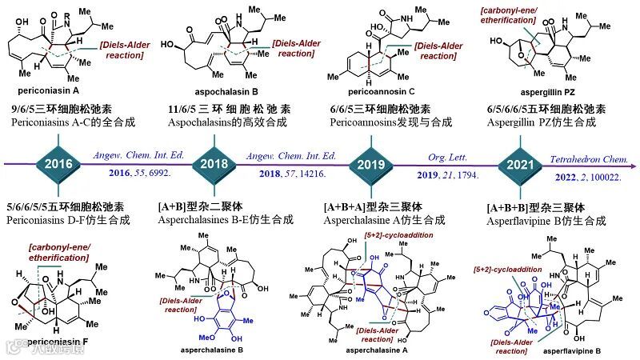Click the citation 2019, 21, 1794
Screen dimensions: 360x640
(437, 172)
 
